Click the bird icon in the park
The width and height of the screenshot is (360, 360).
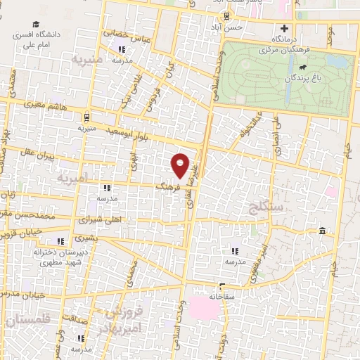(x=300, y=68)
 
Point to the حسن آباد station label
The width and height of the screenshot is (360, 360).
(x=229, y=27)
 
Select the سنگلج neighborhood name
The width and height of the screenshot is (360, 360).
(x=266, y=207)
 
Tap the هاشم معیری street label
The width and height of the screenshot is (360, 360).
(x=46, y=103)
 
